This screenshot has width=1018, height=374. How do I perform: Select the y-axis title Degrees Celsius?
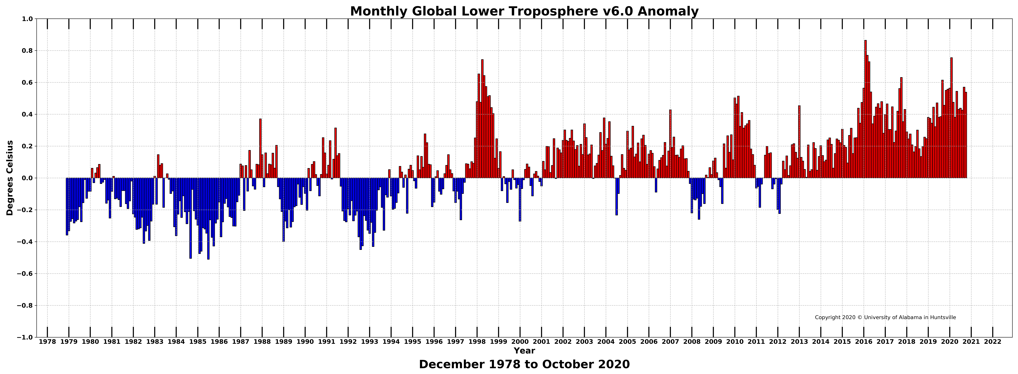10,178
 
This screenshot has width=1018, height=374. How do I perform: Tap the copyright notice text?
885,317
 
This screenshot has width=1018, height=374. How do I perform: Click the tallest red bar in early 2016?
865,109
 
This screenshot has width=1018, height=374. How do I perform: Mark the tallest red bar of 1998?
482,119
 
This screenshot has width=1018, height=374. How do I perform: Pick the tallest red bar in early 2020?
951,118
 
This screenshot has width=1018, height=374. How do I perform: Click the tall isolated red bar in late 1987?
260,148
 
